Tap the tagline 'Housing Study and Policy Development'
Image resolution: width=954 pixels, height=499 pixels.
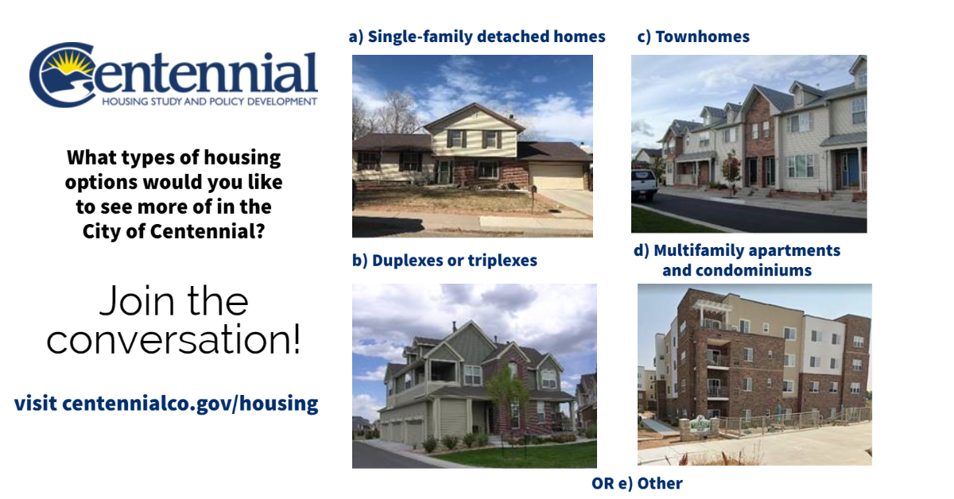pos(209,102)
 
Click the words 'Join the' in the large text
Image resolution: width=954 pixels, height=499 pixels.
pos(173,302)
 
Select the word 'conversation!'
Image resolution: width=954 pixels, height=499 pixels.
pos(173,339)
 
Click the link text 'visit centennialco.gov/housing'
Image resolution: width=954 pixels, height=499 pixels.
pos(166,403)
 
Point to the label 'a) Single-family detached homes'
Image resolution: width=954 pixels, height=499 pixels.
pos(477,37)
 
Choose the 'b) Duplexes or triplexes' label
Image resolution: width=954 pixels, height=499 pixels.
pos(444,261)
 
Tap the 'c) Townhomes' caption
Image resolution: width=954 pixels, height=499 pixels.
pos(693,37)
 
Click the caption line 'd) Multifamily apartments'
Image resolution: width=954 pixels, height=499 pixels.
pos(737,251)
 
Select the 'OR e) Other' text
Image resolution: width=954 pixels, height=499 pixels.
pos(637,483)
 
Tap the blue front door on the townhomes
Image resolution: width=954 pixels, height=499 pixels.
pos(852,168)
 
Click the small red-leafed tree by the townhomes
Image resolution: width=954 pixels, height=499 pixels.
pos(731,169)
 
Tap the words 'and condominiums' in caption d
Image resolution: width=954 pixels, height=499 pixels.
pos(737,270)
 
